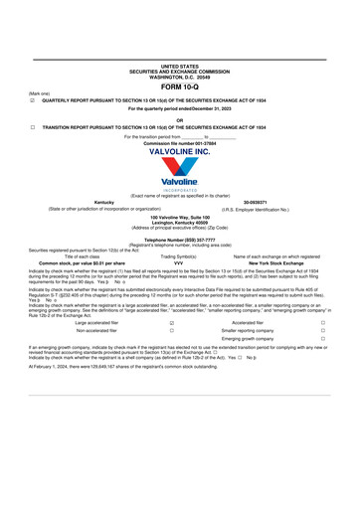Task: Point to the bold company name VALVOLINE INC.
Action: coord(179,151)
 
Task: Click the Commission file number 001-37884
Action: coord(179,143)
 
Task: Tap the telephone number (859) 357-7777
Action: coord(179,240)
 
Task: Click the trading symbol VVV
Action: coord(178,262)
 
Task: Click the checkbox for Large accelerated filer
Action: coord(172,323)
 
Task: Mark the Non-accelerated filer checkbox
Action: coord(172,331)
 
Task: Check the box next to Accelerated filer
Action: coord(322,323)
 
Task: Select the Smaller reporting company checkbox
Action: coord(322,331)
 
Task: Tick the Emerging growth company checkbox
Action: coord(322,339)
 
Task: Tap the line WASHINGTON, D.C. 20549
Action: coord(179,77)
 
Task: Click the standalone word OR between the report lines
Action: coord(179,119)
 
